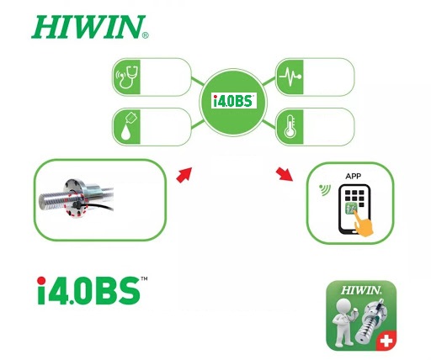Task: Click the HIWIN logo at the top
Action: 90,27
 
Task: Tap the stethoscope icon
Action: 127,77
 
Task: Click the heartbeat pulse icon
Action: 290,77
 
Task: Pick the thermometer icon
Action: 290,127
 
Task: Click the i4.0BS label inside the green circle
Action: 233,101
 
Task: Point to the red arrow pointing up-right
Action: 184,175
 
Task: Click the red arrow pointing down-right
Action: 285,174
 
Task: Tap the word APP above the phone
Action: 353,177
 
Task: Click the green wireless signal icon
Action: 325,190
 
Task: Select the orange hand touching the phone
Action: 363,224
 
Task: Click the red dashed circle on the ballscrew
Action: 76,204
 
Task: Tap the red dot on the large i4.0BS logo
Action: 41,281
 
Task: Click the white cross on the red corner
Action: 386,341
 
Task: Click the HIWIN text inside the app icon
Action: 361,290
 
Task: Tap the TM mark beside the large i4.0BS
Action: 144,278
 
